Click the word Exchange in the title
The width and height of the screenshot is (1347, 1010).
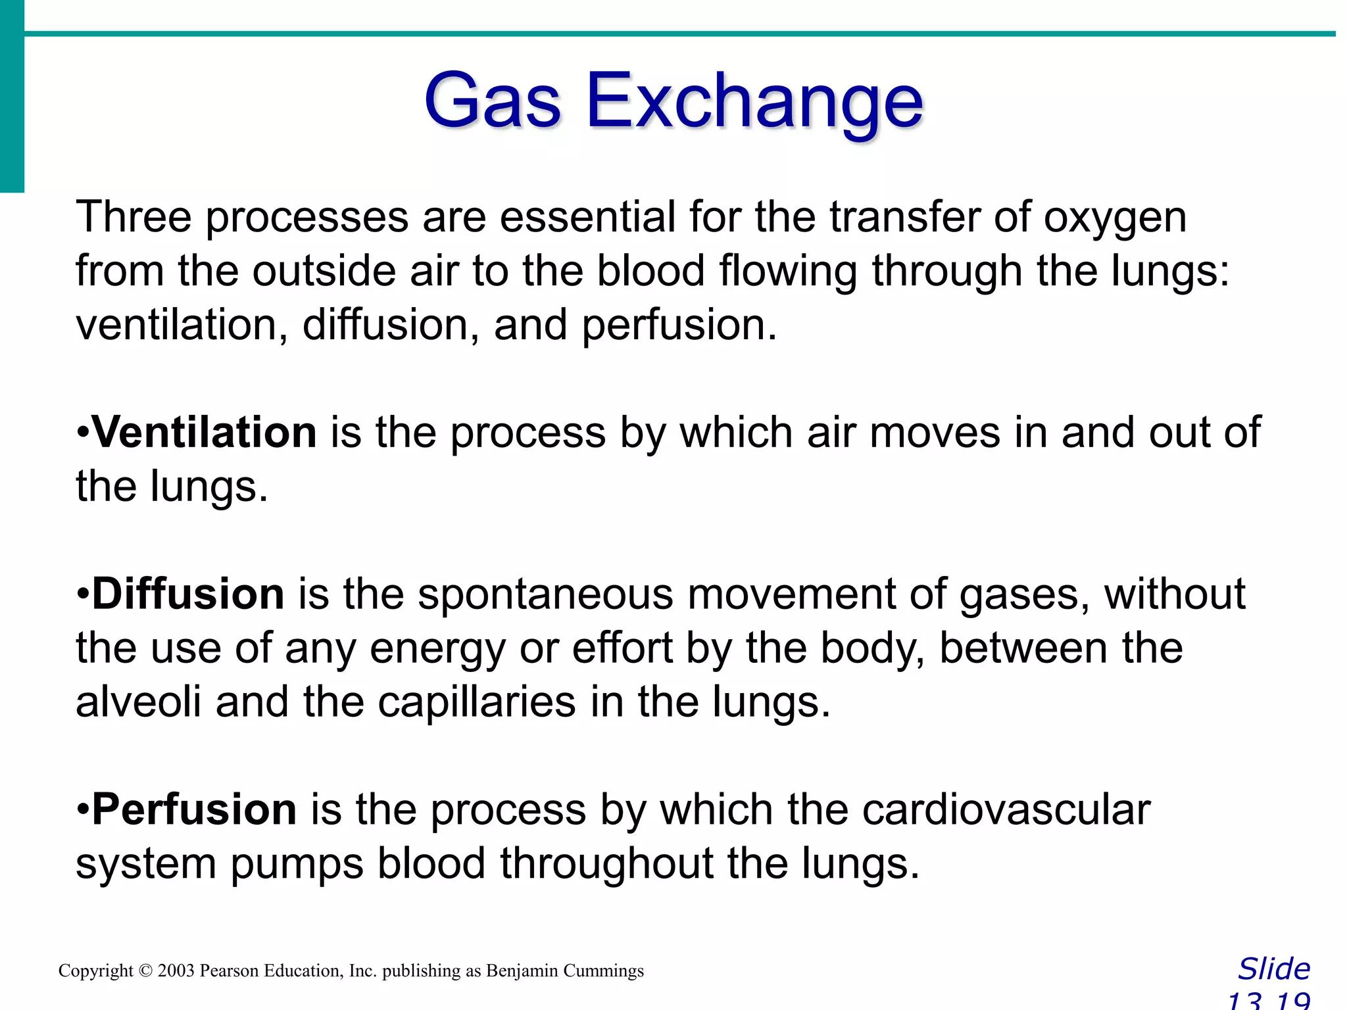click(754, 101)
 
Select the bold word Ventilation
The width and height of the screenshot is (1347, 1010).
click(205, 433)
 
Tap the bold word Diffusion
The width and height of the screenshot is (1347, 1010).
click(188, 594)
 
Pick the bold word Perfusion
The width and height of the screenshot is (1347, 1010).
click(194, 809)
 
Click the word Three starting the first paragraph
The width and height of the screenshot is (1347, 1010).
click(134, 217)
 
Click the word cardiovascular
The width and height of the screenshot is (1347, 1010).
click(1006, 809)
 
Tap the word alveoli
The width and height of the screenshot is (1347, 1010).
click(138, 702)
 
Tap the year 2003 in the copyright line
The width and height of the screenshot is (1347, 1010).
click(176, 971)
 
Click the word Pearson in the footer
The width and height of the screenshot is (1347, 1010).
click(229, 971)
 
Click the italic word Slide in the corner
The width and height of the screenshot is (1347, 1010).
click(1274, 969)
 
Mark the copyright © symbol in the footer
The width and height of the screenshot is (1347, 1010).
click(145, 971)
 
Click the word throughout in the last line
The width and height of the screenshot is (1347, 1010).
click(606, 863)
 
